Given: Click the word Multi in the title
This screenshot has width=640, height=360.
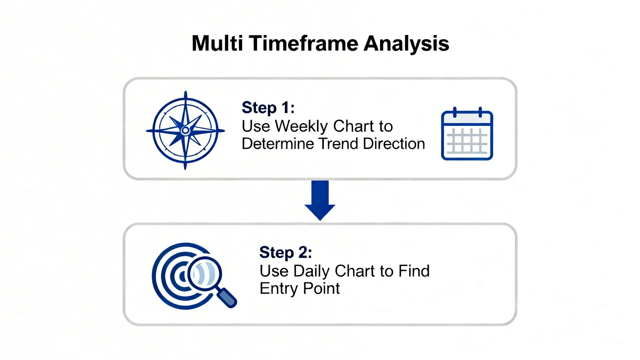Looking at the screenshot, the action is click(217, 43).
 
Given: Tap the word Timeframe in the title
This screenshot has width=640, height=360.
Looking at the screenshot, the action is click(303, 43).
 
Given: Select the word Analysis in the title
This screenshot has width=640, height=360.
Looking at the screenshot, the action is click(406, 44).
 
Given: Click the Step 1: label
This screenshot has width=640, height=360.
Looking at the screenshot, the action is click(268, 108).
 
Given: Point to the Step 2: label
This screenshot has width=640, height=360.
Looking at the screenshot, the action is click(286, 252).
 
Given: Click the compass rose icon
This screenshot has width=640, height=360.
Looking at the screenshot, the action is click(186, 131).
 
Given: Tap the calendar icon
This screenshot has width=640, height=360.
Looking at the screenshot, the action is click(467, 133).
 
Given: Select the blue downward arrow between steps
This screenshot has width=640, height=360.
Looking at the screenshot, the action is click(320, 201).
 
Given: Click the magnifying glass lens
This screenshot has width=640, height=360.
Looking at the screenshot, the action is click(205, 274).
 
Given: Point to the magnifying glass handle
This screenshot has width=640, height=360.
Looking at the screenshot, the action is click(227, 298).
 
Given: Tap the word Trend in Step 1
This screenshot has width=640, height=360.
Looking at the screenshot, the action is click(338, 144).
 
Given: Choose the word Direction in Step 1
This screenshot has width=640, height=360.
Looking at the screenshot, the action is click(394, 144).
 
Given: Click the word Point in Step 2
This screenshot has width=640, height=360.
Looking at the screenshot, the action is click(322, 288).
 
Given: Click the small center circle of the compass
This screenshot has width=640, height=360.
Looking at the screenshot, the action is click(186, 131).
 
